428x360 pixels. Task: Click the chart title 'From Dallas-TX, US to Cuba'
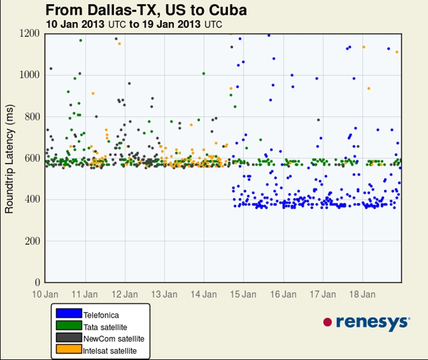click(x=146, y=10)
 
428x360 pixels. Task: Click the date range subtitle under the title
click(x=134, y=24)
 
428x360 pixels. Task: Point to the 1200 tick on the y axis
click(x=30, y=33)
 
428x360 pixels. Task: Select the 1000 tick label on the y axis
click(x=30, y=75)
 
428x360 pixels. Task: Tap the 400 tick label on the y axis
click(x=32, y=199)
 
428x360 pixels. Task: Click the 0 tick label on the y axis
click(x=37, y=282)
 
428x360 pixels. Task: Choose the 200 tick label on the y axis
click(x=32, y=241)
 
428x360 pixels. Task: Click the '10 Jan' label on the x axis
click(x=45, y=295)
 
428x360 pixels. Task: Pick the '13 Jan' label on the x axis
click(x=164, y=295)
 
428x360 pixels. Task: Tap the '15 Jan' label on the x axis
click(x=243, y=295)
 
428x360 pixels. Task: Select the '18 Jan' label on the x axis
click(x=363, y=295)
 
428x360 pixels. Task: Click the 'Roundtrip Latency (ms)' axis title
click(x=9, y=159)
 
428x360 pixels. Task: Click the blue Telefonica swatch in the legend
click(x=69, y=314)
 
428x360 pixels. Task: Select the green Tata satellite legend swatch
click(x=69, y=325)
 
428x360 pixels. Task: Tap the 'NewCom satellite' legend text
click(x=114, y=339)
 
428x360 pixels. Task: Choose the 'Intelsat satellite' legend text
click(x=110, y=350)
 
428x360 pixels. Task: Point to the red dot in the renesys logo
click(x=328, y=322)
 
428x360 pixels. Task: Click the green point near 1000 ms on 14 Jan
click(x=204, y=73)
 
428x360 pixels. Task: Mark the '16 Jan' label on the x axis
click(x=284, y=295)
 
